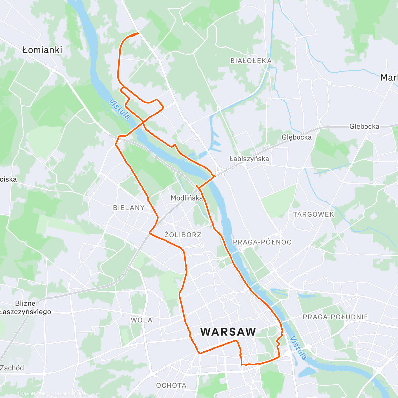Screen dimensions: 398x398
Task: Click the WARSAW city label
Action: tap(228, 332)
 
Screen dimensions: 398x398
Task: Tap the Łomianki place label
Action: tap(42, 50)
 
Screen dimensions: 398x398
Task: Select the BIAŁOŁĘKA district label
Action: tap(251, 61)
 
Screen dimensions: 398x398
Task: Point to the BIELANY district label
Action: tap(129, 208)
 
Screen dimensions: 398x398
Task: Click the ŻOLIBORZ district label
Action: tap(183, 235)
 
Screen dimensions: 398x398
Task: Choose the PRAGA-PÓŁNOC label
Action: tap(262, 242)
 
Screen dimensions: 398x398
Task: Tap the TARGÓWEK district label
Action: tap(313, 214)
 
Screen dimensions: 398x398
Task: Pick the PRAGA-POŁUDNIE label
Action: tap(335, 317)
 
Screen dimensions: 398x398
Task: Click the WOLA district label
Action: tap(142, 320)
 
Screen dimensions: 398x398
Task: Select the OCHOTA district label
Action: tap(171, 385)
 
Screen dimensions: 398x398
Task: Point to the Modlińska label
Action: tap(187, 198)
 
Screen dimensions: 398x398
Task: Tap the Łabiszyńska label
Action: tap(249, 159)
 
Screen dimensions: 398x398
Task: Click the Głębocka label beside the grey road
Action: tap(364, 126)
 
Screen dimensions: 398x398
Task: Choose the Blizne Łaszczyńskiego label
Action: tap(26, 308)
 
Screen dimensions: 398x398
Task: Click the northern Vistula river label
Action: tap(119, 109)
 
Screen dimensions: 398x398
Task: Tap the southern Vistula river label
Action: tap(298, 348)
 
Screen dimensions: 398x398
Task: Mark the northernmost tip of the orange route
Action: tap(137, 33)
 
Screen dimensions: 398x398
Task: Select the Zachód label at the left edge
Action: tap(12, 368)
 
